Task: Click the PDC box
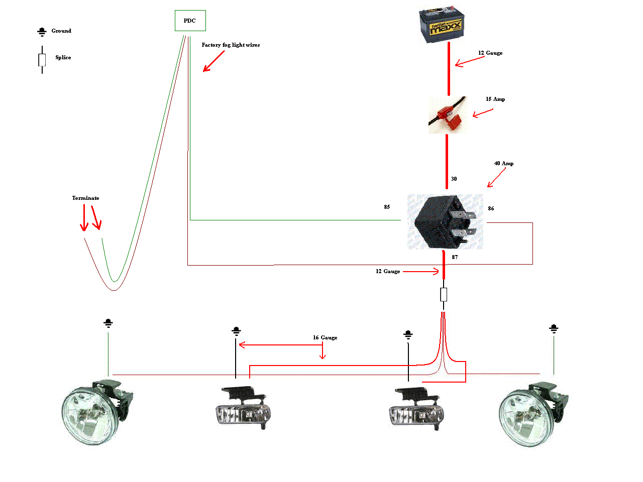pos(190,21)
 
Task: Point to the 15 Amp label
pos(495,99)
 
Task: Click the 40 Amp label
pos(503,164)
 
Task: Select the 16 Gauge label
pos(325,338)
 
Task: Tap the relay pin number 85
pos(387,207)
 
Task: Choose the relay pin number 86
pos(491,209)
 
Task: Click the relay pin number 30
pos(454,179)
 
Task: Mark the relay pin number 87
pos(455,258)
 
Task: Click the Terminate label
pos(85,198)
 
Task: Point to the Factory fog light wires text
pos(231,45)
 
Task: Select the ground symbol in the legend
pos(42,32)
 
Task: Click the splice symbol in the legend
pos(42,60)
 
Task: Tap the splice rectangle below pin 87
pos(444,295)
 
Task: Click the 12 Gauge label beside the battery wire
pos(490,53)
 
